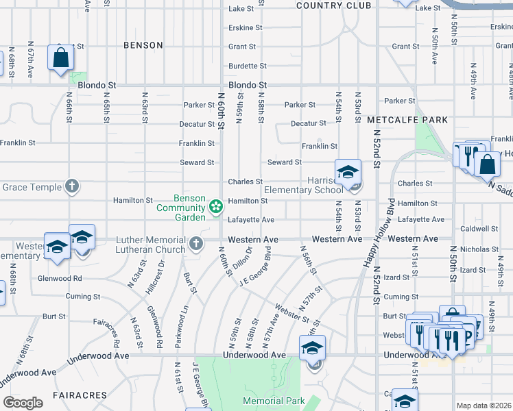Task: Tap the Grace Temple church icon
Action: [x=72, y=186]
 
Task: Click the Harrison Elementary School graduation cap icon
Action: [x=348, y=172]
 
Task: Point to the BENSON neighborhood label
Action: [x=143, y=45]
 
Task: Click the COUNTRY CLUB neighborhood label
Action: [x=333, y=5]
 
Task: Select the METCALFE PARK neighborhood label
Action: [x=407, y=120]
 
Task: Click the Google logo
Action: [x=23, y=403]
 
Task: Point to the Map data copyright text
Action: [x=484, y=406]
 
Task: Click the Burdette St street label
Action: [x=248, y=66]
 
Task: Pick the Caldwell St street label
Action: [x=479, y=229]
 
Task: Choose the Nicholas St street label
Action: [x=479, y=249]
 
